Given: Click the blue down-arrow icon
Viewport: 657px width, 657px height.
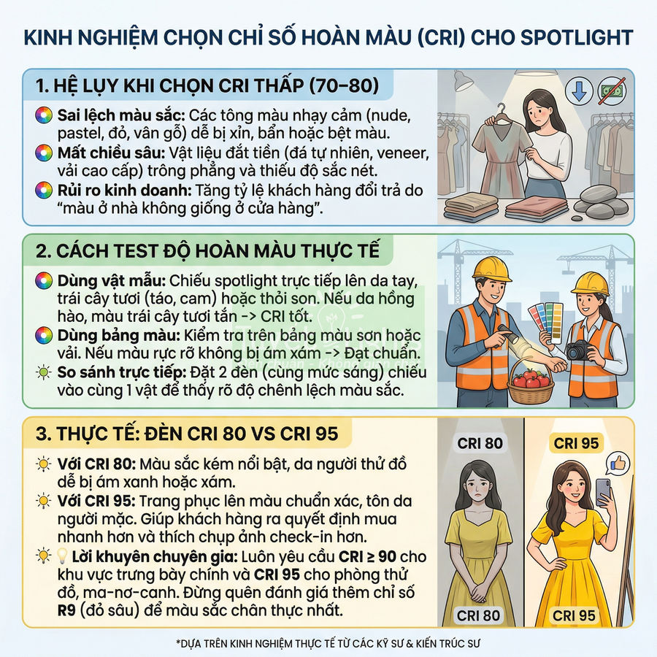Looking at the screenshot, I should click(580, 91).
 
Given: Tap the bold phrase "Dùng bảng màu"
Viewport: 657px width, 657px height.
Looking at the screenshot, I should click(102, 335).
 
